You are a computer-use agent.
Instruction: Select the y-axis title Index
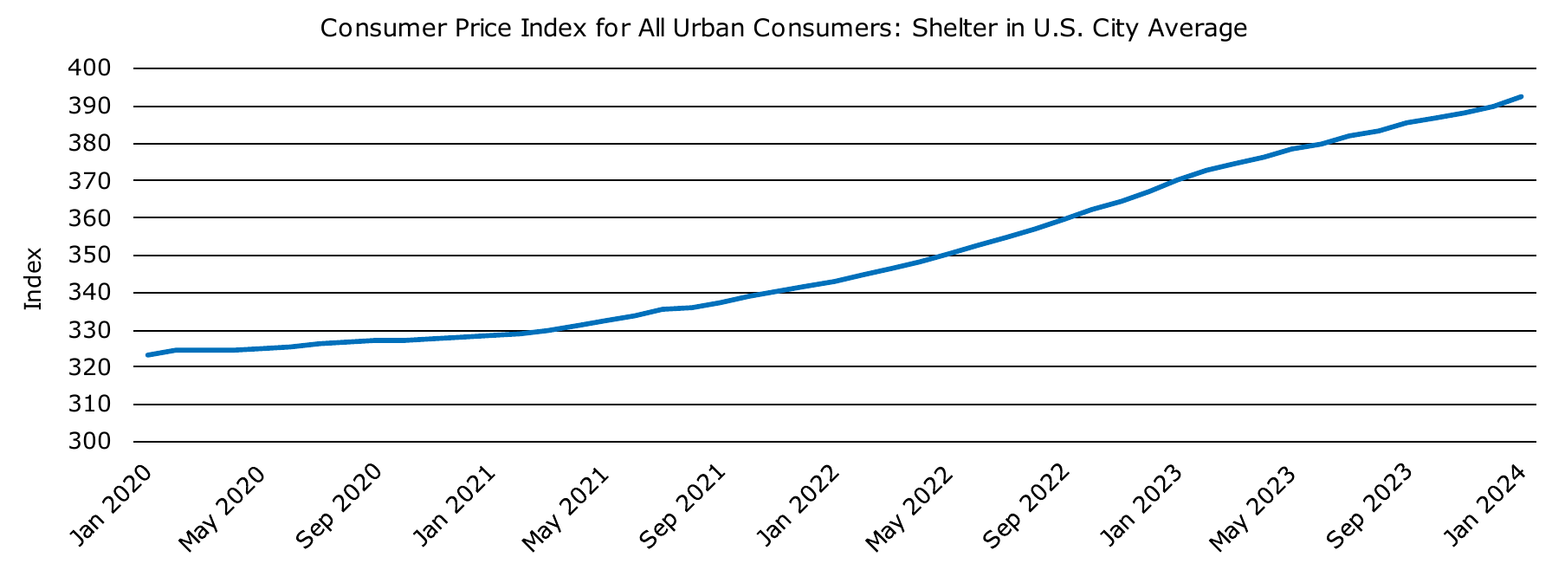[x=33, y=279]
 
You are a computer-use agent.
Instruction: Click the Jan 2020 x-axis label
[x=113, y=504]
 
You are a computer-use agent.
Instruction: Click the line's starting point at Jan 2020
[x=148, y=355]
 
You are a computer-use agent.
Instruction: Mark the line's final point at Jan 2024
[x=1522, y=97]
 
